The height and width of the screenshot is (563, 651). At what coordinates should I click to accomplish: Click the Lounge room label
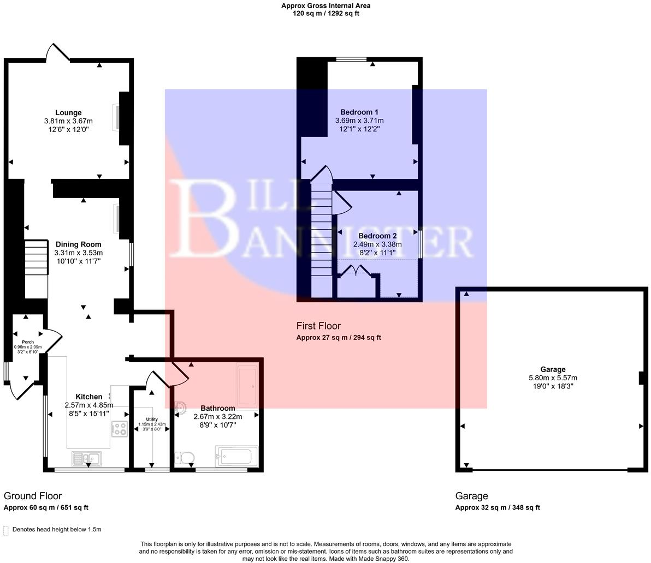tap(68, 113)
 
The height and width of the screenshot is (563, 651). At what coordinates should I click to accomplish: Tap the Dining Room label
tap(78, 244)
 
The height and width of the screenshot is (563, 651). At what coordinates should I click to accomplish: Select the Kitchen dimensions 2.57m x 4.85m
tap(88, 405)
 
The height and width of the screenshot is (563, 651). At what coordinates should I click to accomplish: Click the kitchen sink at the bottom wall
tap(86, 459)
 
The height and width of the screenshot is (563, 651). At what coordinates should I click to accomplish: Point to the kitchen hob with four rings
tap(120, 429)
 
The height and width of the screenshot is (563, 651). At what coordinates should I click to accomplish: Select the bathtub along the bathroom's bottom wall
tap(236, 456)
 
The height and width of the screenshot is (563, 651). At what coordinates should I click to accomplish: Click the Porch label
tap(27, 342)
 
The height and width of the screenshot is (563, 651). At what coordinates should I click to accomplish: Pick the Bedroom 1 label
tap(359, 112)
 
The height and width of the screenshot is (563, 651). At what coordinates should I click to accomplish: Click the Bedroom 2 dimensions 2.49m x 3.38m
tap(377, 244)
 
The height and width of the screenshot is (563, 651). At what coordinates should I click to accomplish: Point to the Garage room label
tap(553, 369)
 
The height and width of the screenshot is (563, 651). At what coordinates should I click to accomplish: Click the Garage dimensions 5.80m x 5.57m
tap(553, 378)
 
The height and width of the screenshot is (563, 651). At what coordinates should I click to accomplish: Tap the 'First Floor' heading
tap(318, 326)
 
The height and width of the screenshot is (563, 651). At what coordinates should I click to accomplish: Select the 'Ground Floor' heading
tap(33, 496)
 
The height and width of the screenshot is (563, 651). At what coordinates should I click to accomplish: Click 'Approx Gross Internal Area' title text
tap(325, 5)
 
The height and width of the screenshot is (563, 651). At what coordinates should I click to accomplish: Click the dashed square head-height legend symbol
tap(6, 530)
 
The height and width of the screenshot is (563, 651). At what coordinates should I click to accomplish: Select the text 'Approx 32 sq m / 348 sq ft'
tap(498, 507)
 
